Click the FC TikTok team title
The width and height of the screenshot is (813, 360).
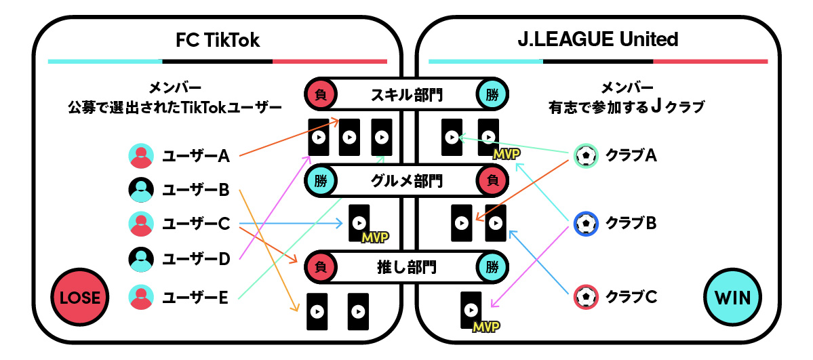[x=217, y=40]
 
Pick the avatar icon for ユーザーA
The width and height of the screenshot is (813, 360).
[x=141, y=156]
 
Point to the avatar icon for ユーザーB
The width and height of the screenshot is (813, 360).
[x=141, y=190]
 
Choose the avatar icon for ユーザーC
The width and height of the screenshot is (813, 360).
[x=141, y=223]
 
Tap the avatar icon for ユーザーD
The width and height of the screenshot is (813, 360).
[x=141, y=258]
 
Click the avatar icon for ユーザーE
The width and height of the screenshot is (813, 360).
[x=141, y=296]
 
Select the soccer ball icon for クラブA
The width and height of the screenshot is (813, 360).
[x=586, y=156]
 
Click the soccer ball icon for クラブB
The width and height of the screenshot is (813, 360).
[x=586, y=222]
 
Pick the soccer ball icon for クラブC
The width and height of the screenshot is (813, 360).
[x=586, y=296]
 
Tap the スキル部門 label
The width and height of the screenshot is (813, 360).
[x=408, y=95]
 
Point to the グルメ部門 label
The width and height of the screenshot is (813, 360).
[x=408, y=181]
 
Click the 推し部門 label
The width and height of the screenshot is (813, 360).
[x=408, y=266]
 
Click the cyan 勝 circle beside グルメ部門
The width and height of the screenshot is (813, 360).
[x=321, y=181]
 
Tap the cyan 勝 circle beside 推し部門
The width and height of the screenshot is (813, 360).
[x=492, y=266]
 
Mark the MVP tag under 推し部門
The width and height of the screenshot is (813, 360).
[x=486, y=327]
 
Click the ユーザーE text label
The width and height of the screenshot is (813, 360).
[x=195, y=296]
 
